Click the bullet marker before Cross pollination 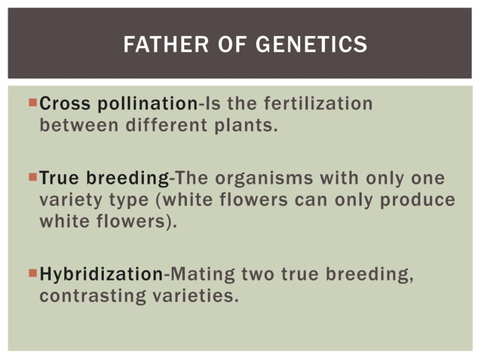click(x=31, y=103)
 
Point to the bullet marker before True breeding click(x=31, y=178)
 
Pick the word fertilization click(x=320, y=104)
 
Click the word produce click(x=419, y=200)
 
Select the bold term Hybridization click(x=100, y=274)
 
